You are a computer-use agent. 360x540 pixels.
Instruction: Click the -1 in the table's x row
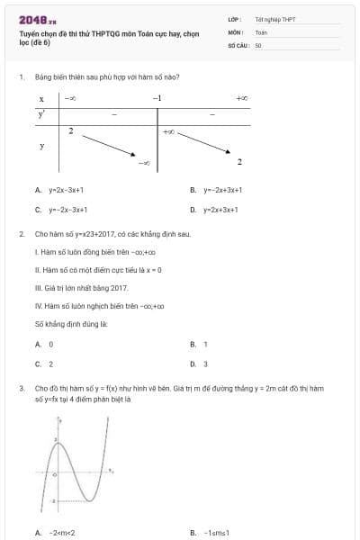click(157, 97)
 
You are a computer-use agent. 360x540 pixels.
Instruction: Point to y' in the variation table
click(41, 114)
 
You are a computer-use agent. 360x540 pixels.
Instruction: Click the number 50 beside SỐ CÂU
click(257, 44)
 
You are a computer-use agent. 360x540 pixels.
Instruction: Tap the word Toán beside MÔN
click(261, 31)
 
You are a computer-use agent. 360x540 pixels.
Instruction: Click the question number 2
click(21, 233)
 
